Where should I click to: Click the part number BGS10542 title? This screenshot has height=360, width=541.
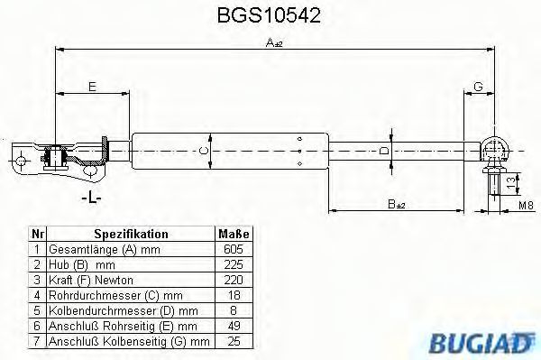pos(269,15)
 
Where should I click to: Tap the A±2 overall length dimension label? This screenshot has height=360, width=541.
pos(274,42)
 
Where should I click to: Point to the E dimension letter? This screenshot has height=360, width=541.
pos(92,87)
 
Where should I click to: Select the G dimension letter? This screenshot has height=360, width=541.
pos(478,87)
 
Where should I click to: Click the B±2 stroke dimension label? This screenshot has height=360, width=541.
pos(396,204)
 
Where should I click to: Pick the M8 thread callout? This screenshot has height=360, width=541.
pos(527,206)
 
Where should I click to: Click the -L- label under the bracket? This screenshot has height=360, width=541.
pos(91,198)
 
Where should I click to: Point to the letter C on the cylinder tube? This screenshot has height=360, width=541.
pos(205,151)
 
